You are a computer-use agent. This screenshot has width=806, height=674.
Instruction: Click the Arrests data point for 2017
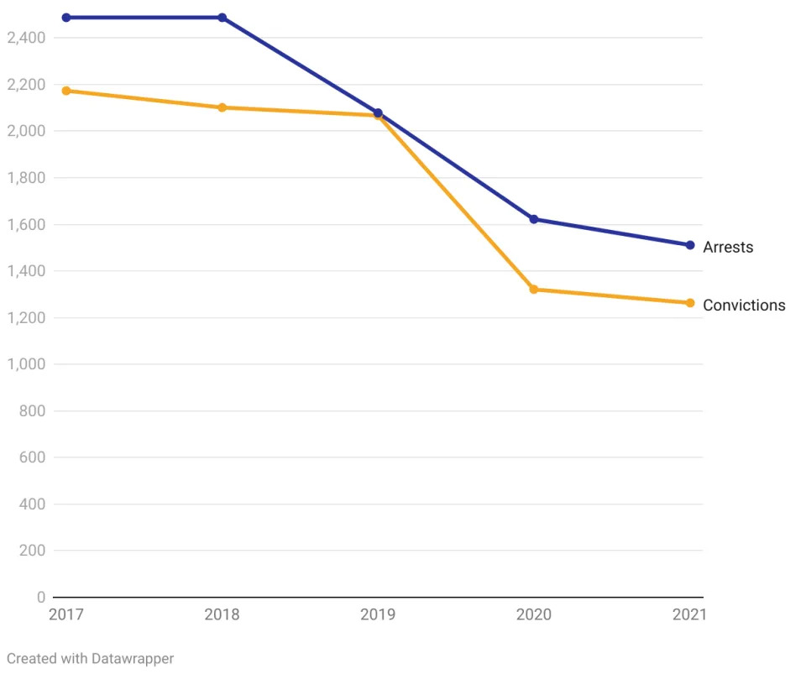coord(66,18)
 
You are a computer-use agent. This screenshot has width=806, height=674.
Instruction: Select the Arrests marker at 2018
coord(222,18)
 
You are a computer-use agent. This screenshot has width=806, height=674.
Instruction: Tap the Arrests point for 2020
coord(534,219)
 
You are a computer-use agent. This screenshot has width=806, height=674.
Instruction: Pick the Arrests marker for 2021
coord(690,245)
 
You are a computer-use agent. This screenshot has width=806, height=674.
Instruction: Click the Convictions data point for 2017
coord(66,91)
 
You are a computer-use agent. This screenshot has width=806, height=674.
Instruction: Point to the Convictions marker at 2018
coord(222,107)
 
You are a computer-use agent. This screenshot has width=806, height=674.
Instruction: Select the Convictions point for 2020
coord(534,290)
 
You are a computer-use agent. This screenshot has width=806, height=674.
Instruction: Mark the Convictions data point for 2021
coord(690,303)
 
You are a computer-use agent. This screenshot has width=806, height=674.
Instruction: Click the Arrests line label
coord(728,247)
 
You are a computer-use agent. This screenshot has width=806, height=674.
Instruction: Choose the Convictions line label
coord(744,306)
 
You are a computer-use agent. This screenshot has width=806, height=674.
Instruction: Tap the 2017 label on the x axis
coord(66,614)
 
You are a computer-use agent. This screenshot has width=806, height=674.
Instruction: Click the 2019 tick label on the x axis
coord(378,614)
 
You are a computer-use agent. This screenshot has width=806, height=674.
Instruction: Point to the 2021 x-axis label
coord(689,614)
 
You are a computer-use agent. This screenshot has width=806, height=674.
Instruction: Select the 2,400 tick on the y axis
coord(25,38)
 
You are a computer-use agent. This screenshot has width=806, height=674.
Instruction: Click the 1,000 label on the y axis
coord(25,364)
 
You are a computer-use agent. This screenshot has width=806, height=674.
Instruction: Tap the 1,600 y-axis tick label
coord(25,224)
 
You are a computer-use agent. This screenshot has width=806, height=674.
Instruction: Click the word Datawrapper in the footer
coord(134,659)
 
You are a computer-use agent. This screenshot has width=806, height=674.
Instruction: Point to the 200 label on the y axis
coord(31,551)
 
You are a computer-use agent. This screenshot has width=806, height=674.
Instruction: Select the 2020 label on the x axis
coord(534,614)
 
